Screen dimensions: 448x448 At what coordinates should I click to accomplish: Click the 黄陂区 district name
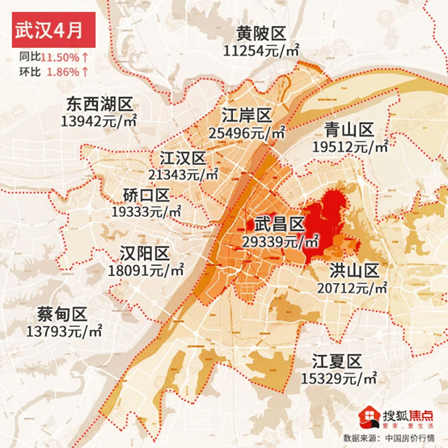tap(262, 34)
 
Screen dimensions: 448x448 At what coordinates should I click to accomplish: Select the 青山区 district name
tap(349, 129)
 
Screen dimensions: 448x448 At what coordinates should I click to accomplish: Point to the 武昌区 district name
tap(279, 224)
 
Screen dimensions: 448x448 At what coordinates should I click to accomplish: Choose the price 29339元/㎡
tap(280, 241)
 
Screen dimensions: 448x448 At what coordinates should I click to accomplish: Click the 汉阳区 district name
tap(145, 251)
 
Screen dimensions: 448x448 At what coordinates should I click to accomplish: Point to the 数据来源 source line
tap(394, 437)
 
